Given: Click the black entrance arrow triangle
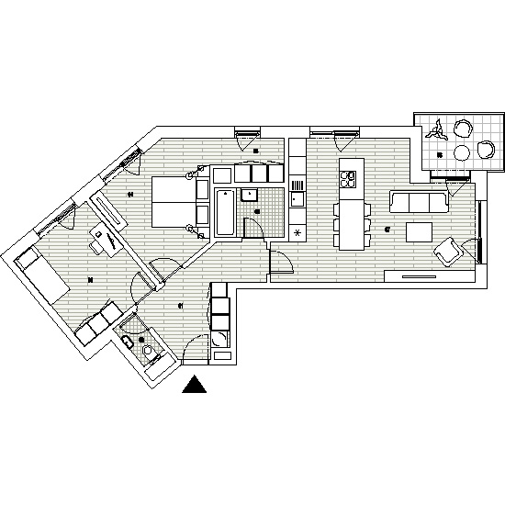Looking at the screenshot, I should [195, 385].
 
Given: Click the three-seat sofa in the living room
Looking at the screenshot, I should [419, 201].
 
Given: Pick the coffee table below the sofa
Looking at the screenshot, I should [421, 230].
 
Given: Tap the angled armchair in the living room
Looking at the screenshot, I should [449, 250].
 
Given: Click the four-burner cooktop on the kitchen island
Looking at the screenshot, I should [348, 177].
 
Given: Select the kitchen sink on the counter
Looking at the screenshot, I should [297, 196].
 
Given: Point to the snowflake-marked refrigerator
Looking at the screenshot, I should [297, 231].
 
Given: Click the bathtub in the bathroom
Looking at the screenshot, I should [225, 213].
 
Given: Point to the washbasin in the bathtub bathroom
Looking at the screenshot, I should [248, 195].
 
